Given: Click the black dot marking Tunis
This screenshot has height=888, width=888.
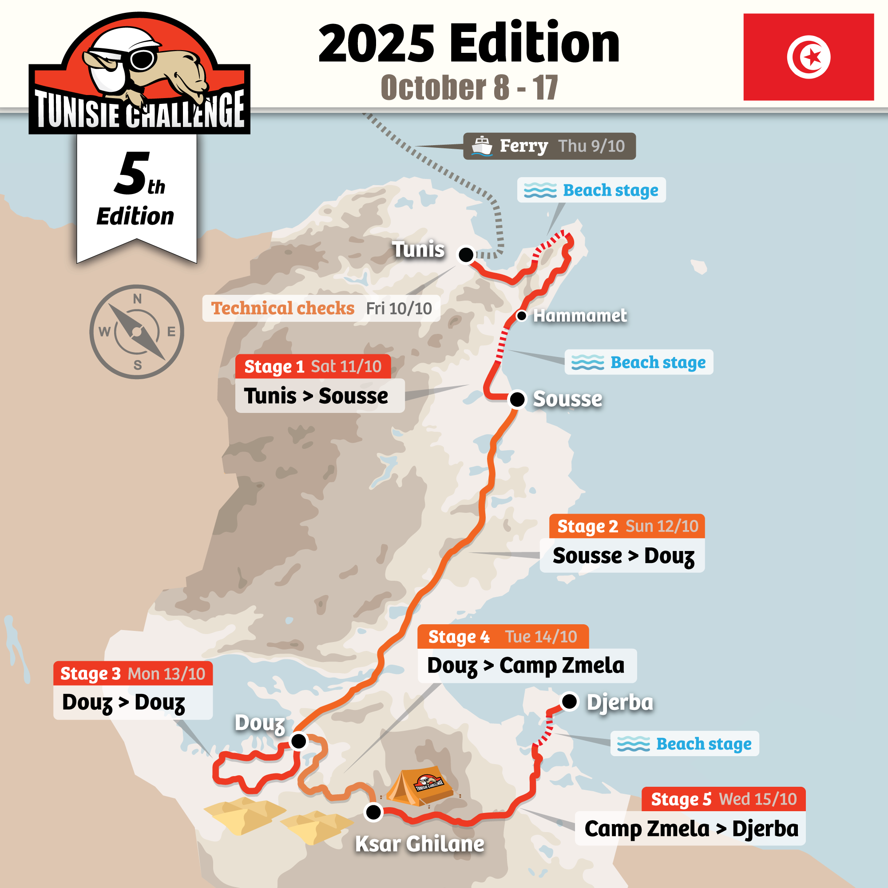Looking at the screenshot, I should pos(466,254).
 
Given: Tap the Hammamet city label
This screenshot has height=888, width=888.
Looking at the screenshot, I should pos(579,316).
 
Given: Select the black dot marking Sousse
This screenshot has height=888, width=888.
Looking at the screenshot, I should pos(517,399).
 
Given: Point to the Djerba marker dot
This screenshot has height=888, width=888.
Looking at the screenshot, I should pos(570,702).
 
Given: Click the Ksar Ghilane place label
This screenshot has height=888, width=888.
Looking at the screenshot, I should pos(420,844).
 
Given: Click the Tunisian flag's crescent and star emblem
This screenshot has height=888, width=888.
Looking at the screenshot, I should pos(809,57).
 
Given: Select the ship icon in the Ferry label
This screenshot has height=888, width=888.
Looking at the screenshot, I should pos(482,146).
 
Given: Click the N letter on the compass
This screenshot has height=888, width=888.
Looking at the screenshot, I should pos(137,299).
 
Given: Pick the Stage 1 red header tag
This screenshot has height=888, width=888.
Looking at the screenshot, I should pos(313,366).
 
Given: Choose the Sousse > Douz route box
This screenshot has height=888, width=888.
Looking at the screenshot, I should pos(622,556).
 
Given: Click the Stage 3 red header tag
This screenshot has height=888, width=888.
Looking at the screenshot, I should pos(133,674).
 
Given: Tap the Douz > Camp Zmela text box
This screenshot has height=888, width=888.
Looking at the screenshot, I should pos(526,665).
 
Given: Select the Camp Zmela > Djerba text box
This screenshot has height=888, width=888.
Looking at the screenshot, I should pos(690,828).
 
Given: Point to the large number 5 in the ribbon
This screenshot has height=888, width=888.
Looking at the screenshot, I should pos(132,173).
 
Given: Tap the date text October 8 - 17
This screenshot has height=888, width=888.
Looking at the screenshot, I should pos(469,87).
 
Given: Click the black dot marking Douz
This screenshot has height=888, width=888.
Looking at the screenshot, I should pos(299,741).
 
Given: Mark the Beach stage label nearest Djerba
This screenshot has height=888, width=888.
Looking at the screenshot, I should pos(684,743).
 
